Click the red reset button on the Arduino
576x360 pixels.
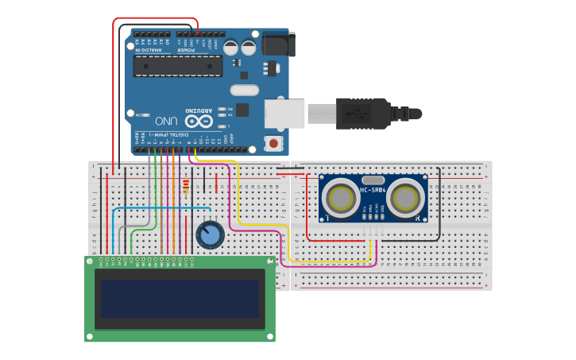click(274, 144)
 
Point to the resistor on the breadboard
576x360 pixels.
click(186, 187)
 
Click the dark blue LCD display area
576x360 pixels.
click(180, 297)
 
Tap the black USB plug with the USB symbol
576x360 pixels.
click(362, 113)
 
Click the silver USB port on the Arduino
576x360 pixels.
click(284, 114)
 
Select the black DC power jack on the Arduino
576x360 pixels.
click(277, 45)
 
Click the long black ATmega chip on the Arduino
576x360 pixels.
click(177, 66)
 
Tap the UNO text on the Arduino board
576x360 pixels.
click(166, 121)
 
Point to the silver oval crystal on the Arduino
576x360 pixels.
click(245, 90)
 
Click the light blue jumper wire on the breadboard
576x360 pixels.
click(159, 208)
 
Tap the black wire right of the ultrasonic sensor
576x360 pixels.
click(439, 203)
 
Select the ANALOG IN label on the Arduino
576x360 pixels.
click(151, 49)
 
